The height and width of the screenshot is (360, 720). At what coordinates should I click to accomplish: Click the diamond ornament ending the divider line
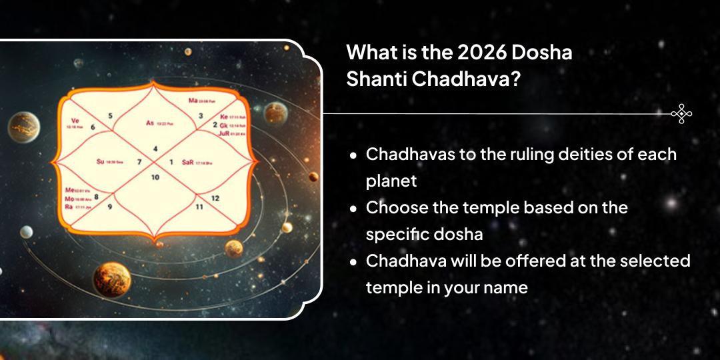pyautogui.click(x=681, y=114)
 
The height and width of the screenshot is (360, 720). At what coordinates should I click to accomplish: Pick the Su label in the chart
pyautogui.click(x=101, y=161)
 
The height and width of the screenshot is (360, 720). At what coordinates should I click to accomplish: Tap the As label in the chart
pyautogui.click(x=150, y=123)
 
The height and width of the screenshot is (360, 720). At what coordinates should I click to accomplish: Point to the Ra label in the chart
pyautogui.click(x=68, y=207)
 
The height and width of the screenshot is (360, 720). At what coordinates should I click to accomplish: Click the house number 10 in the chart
pyautogui.click(x=155, y=177)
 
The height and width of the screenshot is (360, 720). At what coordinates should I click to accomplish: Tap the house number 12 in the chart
pyautogui.click(x=215, y=197)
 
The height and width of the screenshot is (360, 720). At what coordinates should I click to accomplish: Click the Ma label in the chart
pyautogui.click(x=193, y=101)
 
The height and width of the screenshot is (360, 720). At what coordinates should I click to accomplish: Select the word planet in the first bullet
pyautogui.click(x=388, y=181)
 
